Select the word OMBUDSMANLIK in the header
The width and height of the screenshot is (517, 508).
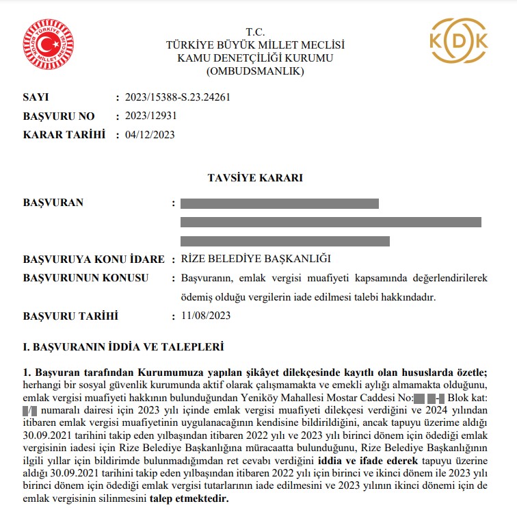point(255,71)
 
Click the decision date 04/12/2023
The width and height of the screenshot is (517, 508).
point(150,134)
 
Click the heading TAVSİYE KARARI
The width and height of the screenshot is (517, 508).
point(255,178)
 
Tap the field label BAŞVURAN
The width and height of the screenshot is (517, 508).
point(53,203)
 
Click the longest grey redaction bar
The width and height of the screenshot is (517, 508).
point(331,222)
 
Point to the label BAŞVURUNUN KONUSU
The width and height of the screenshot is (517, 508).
point(86,278)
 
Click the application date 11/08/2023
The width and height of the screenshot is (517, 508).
point(206,316)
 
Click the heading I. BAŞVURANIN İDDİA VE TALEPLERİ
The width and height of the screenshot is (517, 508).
point(123,348)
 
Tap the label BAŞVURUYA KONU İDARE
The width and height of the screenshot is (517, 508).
point(94,259)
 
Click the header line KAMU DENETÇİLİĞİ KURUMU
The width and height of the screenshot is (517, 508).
point(255,58)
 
